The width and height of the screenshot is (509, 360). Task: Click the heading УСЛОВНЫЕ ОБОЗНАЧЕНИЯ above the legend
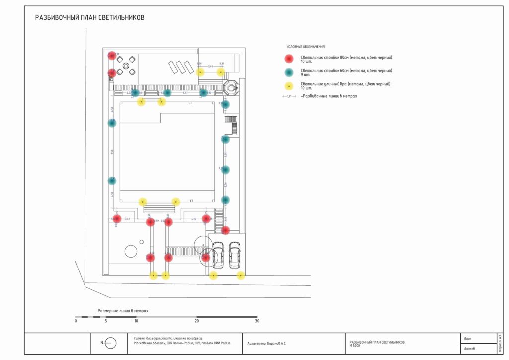(305, 47)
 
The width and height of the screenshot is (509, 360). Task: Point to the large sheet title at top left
(89, 18)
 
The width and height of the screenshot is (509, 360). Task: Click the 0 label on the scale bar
(76, 321)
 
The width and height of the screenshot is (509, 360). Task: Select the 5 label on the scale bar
(106, 321)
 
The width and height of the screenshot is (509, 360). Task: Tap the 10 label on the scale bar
(136, 321)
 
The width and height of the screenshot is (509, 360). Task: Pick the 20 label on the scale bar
(197, 321)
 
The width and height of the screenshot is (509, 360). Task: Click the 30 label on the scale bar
(257, 321)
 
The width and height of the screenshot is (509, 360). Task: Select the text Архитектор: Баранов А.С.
(266, 343)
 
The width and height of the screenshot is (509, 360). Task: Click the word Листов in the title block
(469, 349)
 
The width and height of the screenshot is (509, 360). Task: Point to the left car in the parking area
(218, 255)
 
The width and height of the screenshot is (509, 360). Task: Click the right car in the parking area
(234, 255)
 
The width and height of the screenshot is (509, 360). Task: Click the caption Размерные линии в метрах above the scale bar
(123, 311)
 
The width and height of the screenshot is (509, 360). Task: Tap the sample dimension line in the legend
(289, 96)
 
